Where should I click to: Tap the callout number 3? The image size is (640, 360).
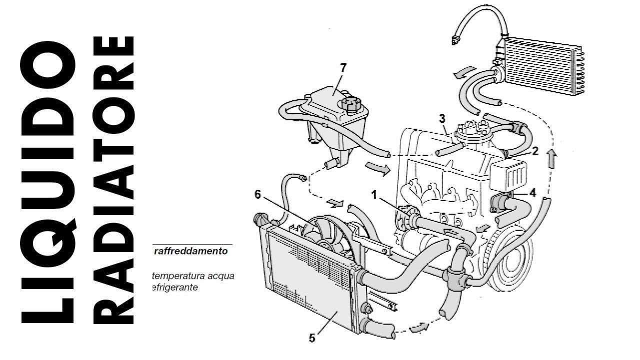pos(441,118)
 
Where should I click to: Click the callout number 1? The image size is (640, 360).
pos(373,194)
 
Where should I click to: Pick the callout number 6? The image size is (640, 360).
pos(257,194)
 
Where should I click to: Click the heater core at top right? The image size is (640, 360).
pos(542,67)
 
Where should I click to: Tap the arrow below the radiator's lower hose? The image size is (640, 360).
pos(419,327)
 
